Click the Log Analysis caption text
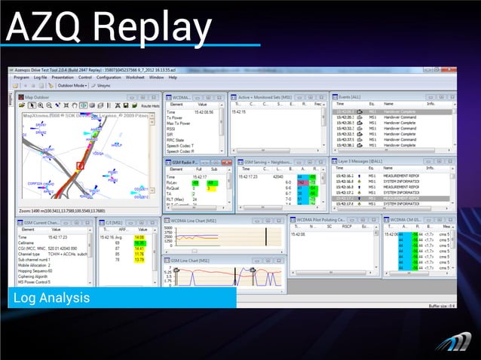click(51, 299)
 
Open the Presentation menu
click(63, 77)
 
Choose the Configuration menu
click(109, 77)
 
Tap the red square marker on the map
click(81, 163)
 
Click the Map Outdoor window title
click(41, 97)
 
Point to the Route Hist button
click(150, 106)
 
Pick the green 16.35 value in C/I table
click(139, 243)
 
